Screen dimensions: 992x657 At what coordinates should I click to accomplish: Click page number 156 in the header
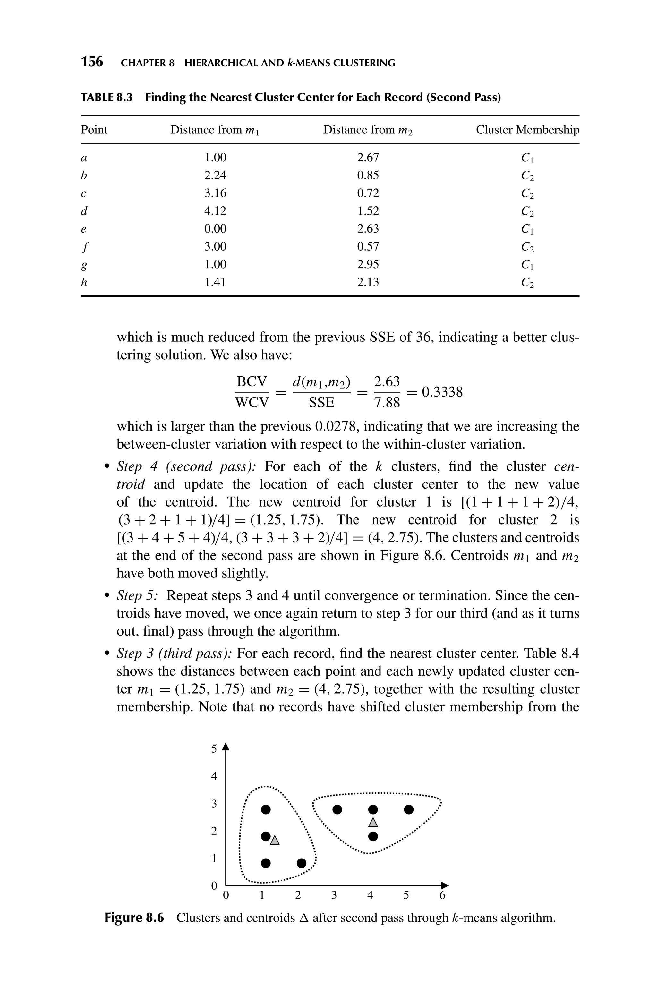click(92, 62)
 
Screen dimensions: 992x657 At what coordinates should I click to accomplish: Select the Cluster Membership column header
click(527, 130)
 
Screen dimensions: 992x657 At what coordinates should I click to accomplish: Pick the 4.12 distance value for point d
click(215, 211)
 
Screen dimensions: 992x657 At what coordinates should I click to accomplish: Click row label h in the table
click(84, 282)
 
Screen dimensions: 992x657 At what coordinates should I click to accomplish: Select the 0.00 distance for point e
click(215, 229)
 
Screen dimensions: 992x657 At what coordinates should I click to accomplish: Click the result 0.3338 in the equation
click(442, 392)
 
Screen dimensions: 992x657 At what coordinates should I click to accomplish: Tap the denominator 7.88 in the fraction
click(387, 403)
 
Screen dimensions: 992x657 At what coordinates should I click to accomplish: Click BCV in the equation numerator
click(252, 382)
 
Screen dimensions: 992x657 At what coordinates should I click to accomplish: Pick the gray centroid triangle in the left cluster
click(275, 840)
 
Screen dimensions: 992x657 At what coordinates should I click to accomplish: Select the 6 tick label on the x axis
click(442, 896)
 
